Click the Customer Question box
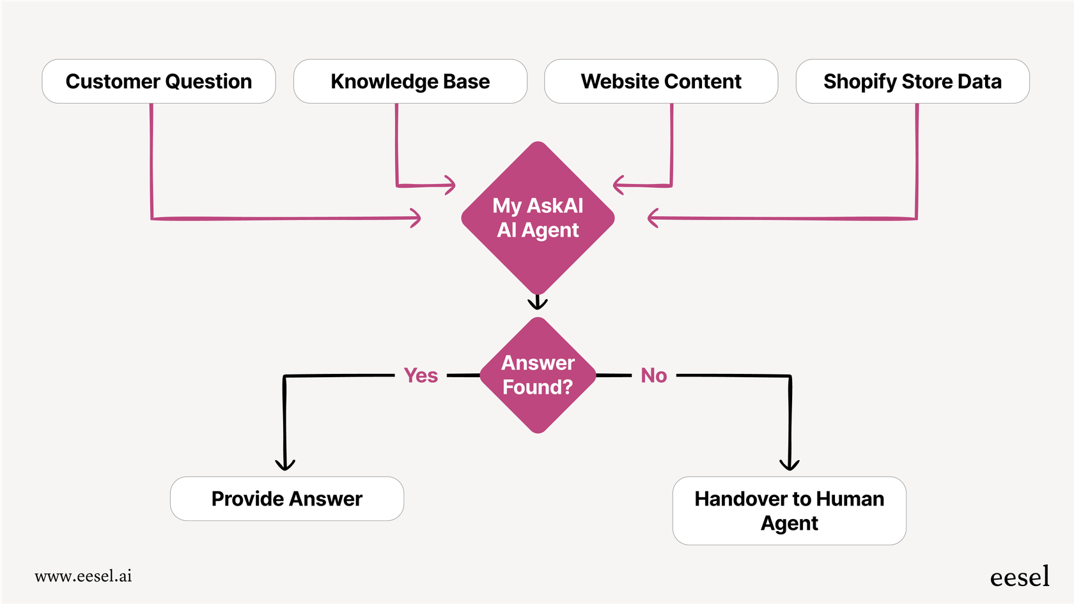[159, 81]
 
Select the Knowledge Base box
[410, 81]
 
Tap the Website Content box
[661, 81]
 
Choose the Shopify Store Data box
[912, 81]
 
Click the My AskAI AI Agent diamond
[538, 217]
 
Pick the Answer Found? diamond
[538, 375]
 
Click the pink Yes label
[421, 375]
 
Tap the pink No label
[653, 375]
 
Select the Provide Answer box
[286, 499]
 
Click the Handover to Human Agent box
[789, 511]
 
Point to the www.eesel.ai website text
[83, 576]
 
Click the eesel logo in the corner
[1019, 577]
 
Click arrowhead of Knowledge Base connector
[451, 185]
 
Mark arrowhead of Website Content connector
[617, 185]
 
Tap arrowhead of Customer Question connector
[417, 218]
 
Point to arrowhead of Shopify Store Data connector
[652, 218]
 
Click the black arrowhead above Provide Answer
[285, 465]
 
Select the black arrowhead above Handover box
[790, 465]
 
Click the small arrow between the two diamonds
[538, 303]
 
